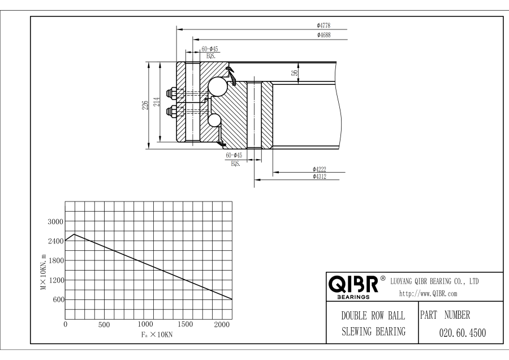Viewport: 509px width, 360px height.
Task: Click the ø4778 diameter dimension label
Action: pyautogui.click(x=323, y=25)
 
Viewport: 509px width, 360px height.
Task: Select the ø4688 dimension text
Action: pyautogui.click(x=323, y=35)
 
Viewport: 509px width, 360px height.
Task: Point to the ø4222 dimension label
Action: pyautogui.click(x=320, y=169)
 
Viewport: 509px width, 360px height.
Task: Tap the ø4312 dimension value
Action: pyautogui.click(x=320, y=177)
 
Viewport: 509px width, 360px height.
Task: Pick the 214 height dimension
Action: pyautogui.click(x=158, y=102)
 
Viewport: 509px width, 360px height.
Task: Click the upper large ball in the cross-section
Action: pyautogui.click(x=217, y=86)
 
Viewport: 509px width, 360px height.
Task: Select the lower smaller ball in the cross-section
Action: pyautogui.click(x=215, y=120)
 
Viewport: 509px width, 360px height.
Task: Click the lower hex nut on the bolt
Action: pyautogui.click(x=170, y=112)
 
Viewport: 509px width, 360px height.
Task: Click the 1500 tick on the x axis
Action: pyautogui.click(x=185, y=324)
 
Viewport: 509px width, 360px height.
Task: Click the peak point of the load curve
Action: pyautogui.click(x=74, y=234)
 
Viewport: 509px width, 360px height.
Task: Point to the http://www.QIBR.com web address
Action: pyautogui.click(x=428, y=293)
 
